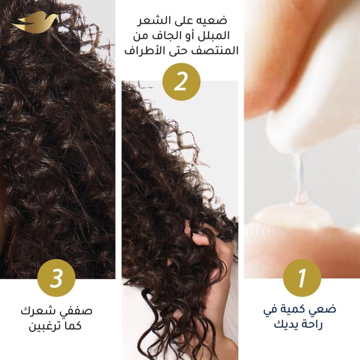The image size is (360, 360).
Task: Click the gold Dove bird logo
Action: (x=35, y=22)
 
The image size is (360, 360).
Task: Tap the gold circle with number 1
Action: (x=302, y=278)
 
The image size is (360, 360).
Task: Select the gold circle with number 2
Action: (x=181, y=82)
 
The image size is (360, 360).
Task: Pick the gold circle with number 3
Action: (x=56, y=278)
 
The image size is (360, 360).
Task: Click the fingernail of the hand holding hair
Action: (x=195, y=235)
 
